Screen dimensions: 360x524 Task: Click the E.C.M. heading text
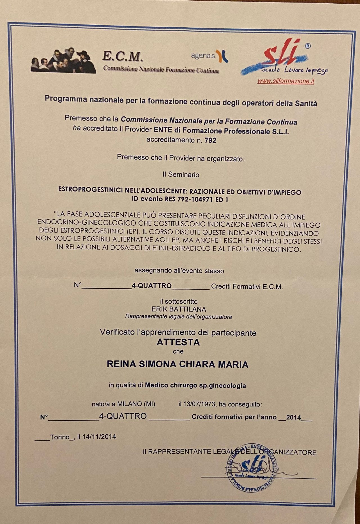tap(123, 56)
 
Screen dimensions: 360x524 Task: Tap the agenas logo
tap(210, 56)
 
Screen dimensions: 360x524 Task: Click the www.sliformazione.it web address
tap(285, 81)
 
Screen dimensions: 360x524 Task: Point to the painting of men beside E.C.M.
tap(63, 60)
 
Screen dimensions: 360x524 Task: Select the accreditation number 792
tap(211, 140)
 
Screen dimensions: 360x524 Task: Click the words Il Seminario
tap(181, 175)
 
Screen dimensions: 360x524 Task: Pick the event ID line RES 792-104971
tap(180, 200)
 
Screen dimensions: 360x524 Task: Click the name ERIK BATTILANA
tap(179, 309)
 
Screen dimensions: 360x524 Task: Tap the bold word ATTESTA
tap(178, 342)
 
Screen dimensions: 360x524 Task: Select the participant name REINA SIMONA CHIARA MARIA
tap(177, 364)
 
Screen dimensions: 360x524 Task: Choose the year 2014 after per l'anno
tap(294, 417)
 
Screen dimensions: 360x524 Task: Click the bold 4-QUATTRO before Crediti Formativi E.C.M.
tap(152, 286)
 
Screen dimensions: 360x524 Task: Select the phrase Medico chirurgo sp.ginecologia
tap(195, 385)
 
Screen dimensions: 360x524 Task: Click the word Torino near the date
tap(60, 437)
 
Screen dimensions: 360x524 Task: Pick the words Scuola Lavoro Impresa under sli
tap(294, 70)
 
